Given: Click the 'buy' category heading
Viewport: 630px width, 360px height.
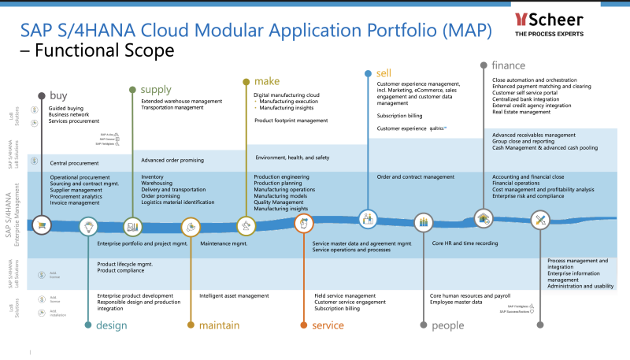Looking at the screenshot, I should [x=59, y=95].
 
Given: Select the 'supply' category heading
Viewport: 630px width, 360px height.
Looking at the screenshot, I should [x=156, y=89].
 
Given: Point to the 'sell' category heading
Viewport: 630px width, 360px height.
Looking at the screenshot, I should [x=384, y=72].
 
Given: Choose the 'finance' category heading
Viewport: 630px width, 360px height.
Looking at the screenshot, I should [x=509, y=65].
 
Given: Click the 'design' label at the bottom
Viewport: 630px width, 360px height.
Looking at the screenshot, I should [x=112, y=325].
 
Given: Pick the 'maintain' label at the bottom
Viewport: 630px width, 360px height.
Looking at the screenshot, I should [x=220, y=325].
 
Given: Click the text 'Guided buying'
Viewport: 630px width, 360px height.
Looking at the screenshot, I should [x=66, y=107].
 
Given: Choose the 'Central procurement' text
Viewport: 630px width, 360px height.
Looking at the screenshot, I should [x=74, y=163].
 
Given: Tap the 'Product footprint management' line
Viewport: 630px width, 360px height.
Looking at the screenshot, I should [x=291, y=121].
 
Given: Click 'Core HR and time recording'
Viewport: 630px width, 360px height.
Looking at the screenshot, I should [x=465, y=243].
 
